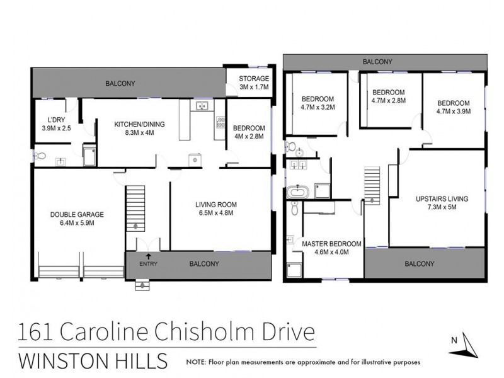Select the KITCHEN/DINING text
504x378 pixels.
(139, 124)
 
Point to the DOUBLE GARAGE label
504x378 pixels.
(76, 214)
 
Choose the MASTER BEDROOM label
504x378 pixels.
(331, 243)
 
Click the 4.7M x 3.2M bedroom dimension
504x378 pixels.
(317, 108)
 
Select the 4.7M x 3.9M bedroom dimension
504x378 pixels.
(454, 112)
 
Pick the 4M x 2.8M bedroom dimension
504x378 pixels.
(248, 136)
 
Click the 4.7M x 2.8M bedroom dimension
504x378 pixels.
(389, 100)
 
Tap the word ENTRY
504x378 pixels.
(147, 264)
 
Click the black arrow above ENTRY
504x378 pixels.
(147, 256)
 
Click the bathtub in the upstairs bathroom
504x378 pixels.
(296, 192)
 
